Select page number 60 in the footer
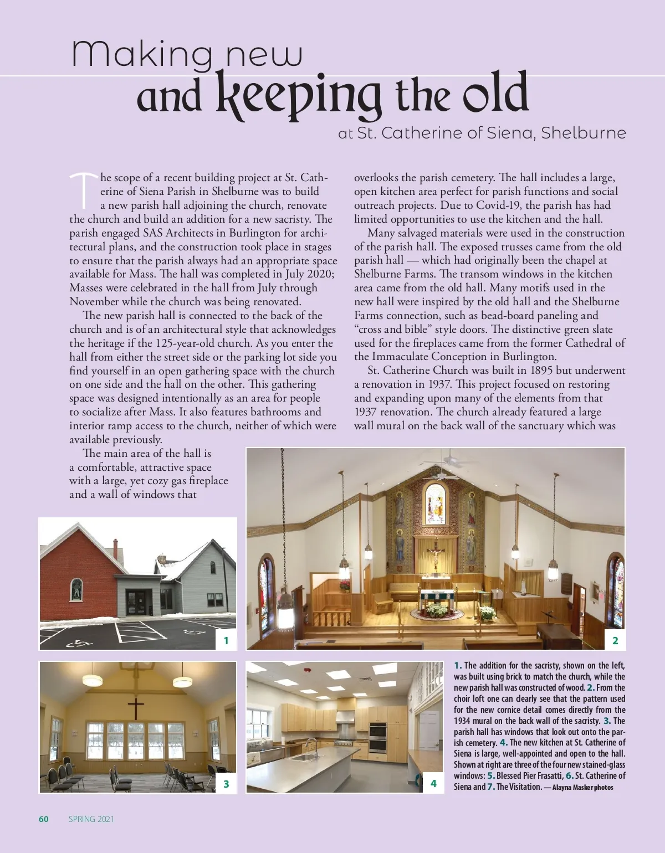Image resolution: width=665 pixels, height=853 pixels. [x=44, y=819]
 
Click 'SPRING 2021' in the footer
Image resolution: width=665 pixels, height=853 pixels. [x=91, y=819]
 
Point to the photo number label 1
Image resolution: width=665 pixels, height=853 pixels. [x=226, y=641]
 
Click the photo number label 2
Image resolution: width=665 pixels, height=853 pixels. [x=615, y=641]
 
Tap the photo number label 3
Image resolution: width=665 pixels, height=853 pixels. [x=226, y=784]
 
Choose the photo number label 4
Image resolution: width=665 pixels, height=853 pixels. [x=433, y=783]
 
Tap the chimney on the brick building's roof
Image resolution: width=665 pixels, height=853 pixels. [x=115, y=548]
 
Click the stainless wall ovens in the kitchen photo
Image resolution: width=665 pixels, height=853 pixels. [x=377, y=738]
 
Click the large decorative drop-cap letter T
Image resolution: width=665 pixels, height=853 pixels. [x=84, y=187]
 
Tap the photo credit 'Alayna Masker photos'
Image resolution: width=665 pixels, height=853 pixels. [x=582, y=787]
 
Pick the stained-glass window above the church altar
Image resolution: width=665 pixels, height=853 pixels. [x=436, y=503]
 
